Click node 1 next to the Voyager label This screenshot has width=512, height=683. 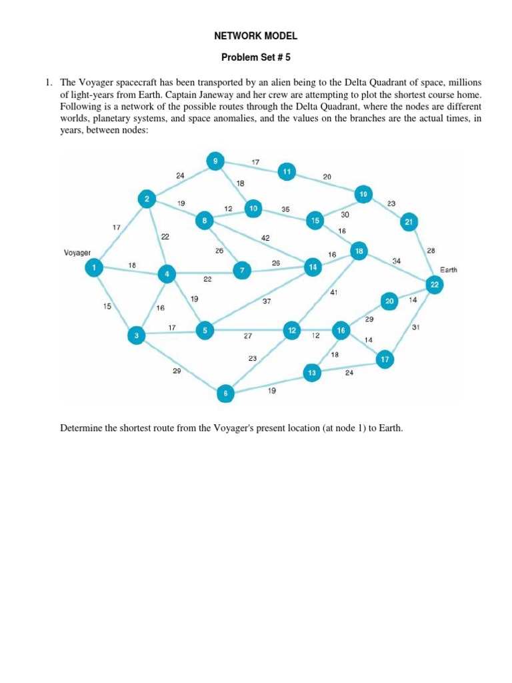pos(94,267)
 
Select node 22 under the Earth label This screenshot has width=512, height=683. pos(435,285)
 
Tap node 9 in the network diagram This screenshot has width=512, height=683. pos(215,161)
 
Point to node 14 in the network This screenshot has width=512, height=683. pos(312,267)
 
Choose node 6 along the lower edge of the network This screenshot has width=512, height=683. pos(226,394)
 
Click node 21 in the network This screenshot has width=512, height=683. pos(409,222)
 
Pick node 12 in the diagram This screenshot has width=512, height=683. pos(292,330)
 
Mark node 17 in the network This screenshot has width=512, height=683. pos(384,360)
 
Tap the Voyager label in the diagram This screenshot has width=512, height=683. pos(77,253)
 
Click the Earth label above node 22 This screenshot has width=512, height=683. pos(449,270)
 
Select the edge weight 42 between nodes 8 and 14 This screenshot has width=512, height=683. pos(265,237)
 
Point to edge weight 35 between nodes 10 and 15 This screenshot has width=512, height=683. pos(285,209)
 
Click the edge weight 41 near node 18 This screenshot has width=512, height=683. pos(334,292)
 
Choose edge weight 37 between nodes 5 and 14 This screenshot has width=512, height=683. pos(266,301)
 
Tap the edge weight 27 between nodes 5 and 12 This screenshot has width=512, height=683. pos(247,336)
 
